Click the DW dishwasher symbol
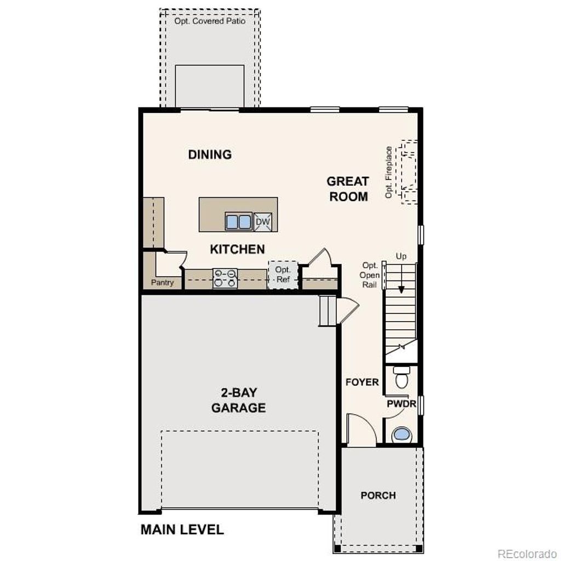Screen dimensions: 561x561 tap(262, 221)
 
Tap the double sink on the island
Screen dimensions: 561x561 tap(238, 221)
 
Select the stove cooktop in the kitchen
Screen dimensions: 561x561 tap(225, 278)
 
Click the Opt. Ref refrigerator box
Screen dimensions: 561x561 tap(283, 274)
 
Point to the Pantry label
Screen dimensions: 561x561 tap(162, 283)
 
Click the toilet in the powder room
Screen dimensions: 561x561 tap(402, 377)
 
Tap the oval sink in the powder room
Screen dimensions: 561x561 tap(402, 434)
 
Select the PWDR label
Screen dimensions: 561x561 tap(402, 404)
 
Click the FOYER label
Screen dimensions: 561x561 tap(362, 382)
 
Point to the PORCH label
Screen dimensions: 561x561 tap(378, 495)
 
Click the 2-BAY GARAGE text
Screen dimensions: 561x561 tap(238, 400)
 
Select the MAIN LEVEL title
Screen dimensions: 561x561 tap(182, 530)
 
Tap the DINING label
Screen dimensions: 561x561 tap(210, 154)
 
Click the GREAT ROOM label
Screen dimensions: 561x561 tap(348, 188)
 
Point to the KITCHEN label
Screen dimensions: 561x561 tap(237, 249)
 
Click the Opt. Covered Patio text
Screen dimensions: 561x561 tap(210, 21)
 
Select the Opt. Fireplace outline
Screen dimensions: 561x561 tap(409, 172)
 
